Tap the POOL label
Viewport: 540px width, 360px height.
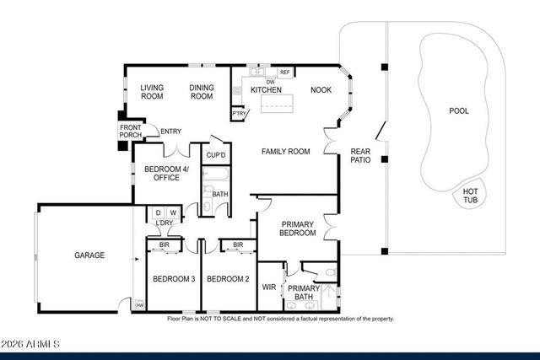(458, 110)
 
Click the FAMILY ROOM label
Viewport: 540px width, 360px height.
(285, 152)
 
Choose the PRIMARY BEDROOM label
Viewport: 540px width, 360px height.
(297, 228)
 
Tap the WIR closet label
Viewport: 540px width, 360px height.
(270, 287)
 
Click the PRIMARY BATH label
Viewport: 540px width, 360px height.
(303, 292)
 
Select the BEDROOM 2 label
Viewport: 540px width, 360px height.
(227, 279)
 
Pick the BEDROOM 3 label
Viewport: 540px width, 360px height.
(173, 279)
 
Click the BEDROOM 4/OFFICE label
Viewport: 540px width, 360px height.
(166, 174)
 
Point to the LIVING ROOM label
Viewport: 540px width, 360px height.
(152, 91)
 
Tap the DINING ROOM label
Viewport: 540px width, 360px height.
(201, 91)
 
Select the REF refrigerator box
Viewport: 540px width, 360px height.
(284, 73)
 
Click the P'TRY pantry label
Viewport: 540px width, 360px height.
(240, 114)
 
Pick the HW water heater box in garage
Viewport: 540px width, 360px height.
(139, 304)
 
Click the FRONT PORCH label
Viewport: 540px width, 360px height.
(131, 132)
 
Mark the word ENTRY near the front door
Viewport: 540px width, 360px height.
(171, 131)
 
